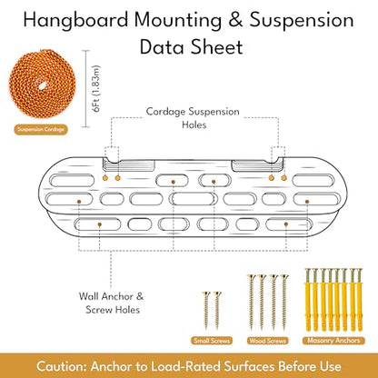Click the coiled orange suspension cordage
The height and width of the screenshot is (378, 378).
42,85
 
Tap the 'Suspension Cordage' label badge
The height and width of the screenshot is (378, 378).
41,130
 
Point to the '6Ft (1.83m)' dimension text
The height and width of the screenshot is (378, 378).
97,89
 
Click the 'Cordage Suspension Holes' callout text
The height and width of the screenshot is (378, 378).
193,118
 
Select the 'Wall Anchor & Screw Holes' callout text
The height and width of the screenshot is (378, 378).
112,303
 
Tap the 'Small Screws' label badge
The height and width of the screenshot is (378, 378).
212,341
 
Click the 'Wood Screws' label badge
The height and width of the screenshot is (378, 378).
268,341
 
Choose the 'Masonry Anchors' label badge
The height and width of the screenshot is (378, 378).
333,340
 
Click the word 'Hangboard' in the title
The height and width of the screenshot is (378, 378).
75,21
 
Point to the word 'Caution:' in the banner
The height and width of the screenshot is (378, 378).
62,366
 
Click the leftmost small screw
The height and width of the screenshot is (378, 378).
206,310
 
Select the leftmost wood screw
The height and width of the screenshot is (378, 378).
251,302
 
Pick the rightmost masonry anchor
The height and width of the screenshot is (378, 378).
359,299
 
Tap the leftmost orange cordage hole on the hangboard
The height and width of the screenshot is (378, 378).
105,178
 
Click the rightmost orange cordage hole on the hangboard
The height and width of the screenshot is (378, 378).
283,178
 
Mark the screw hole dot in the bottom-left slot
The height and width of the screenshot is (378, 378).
99,224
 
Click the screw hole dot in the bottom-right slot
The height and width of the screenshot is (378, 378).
286,224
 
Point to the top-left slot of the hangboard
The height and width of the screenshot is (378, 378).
72,181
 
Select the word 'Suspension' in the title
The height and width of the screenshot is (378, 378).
302,21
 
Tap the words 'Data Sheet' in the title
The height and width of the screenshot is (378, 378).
192,47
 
